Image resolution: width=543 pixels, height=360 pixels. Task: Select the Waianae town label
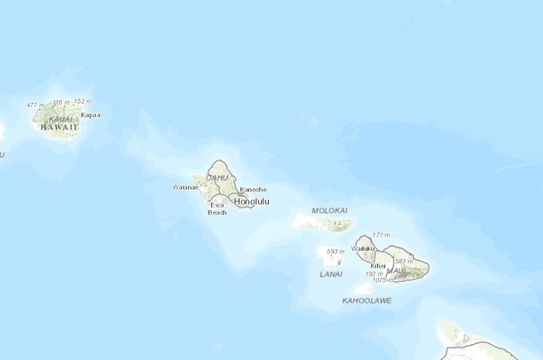pos(186,187)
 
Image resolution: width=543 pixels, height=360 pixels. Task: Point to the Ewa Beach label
pos(217,208)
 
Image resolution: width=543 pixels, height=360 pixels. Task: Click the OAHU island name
pos(216,177)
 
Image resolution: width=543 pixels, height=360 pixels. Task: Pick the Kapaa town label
pos(90,114)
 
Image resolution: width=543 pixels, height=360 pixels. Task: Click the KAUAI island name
pos(60,118)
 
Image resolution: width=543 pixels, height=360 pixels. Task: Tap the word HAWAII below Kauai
pos(59,127)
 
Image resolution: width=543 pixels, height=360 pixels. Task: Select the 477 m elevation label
pos(35,105)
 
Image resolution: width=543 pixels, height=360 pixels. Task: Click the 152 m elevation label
pos(83,101)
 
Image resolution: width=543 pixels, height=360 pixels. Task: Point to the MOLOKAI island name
pos(329,210)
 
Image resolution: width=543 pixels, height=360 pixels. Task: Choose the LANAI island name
pos(330,274)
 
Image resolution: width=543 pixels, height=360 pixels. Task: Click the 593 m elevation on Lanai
pos(334,252)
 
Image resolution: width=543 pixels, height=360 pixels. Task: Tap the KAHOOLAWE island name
pos(366,301)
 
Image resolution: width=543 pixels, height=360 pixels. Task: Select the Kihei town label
pos(379,265)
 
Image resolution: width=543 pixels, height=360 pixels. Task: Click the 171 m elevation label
pos(381,235)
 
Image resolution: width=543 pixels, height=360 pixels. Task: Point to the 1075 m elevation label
pos(382,280)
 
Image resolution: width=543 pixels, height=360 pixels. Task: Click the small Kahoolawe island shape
pos(364,288)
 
